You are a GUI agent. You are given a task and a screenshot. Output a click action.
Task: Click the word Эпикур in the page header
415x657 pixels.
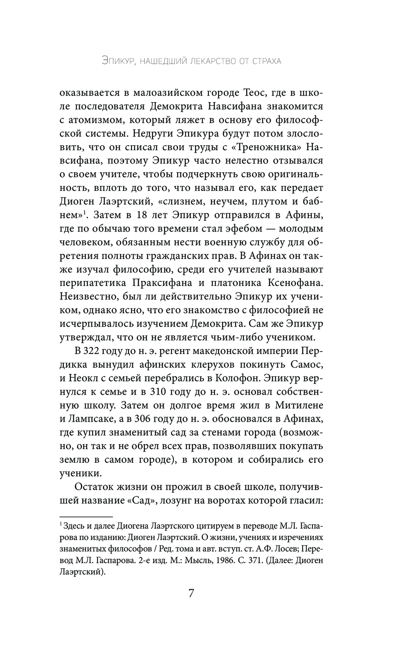click(119, 61)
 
